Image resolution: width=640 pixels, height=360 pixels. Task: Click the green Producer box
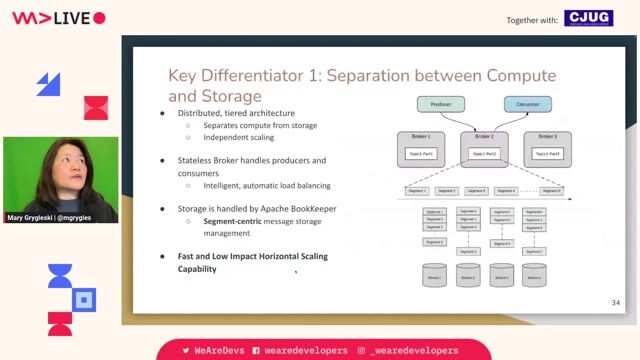[x=441, y=104]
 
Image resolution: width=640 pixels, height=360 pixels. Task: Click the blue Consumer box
[x=526, y=104]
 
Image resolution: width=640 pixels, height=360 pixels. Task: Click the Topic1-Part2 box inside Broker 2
[x=485, y=153]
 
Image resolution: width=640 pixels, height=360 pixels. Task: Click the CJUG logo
[x=589, y=18]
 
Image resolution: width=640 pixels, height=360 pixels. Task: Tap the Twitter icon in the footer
[x=186, y=350]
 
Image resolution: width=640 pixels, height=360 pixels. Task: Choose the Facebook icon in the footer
[x=257, y=350]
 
